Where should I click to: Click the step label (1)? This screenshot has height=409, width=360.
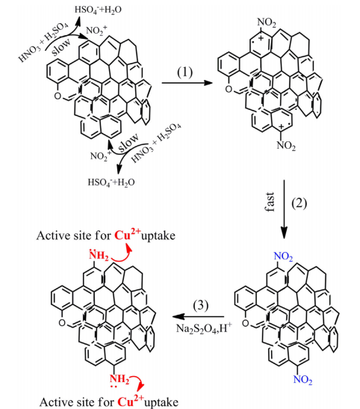pyautogui.click(x=185, y=73)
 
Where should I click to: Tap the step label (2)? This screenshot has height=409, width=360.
pyautogui.click(x=299, y=203)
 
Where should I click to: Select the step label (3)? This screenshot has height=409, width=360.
pyautogui.click(x=201, y=305)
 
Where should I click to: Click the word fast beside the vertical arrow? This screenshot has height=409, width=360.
pyautogui.click(x=270, y=202)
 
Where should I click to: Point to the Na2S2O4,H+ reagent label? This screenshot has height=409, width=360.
pyautogui.click(x=204, y=328)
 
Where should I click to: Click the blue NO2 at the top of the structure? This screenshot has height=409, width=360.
pyautogui.click(x=283, y=256)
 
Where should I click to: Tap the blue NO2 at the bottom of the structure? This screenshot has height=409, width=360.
pyautogui.click(x=302, y=379)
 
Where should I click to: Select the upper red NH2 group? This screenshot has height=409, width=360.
pyautogui.click(x=99, y=256)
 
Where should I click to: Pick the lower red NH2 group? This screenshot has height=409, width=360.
pyautogui.click(x=120, y=380)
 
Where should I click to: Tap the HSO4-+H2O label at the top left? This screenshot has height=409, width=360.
pyautogui.click(x=98, y=10)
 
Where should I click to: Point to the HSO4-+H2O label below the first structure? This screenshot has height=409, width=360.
pyautogui.click(x=111, y=182)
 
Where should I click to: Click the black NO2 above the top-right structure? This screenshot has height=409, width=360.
pyautogui.click(x=267, y=22)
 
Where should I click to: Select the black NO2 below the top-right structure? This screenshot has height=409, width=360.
pyautogui.click(x=286, y=145)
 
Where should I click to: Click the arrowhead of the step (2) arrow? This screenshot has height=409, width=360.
pyautogui.click(x=284, y=233)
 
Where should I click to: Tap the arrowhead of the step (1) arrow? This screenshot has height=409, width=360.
pyautogui.click(x=208, y=83)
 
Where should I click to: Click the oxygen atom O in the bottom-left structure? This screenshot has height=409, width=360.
pyautogui.click(x=62, y=323)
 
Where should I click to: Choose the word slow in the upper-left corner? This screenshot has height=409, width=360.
pyautogui.click(x=61, y=47)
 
